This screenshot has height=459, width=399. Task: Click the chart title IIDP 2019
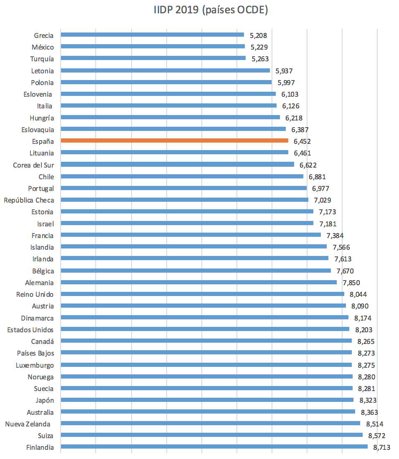(211, 10)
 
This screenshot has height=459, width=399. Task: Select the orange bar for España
(174, 141)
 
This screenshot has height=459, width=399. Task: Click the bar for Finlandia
(214, 446)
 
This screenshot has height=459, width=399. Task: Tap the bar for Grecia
(152, 35)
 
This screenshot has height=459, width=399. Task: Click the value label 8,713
(381, 447)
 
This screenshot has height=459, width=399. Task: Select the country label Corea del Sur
(33, 165)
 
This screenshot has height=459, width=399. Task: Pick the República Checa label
(29, 200)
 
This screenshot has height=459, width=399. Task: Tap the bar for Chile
(182, 176)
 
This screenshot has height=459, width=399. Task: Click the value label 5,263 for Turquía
(260, 59)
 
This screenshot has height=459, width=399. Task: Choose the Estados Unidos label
(30, 330)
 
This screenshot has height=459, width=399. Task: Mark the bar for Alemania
(198, 282)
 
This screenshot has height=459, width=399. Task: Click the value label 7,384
(335, 236)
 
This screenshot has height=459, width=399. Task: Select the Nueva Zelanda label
(28, 424)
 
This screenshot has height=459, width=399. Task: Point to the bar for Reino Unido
(202, 294)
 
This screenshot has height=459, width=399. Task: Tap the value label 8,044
(358, 294)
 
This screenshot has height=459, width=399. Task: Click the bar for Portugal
(183, 188)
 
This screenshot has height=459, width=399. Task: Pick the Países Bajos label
(36, 353)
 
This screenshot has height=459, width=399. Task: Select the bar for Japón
(207, 400)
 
